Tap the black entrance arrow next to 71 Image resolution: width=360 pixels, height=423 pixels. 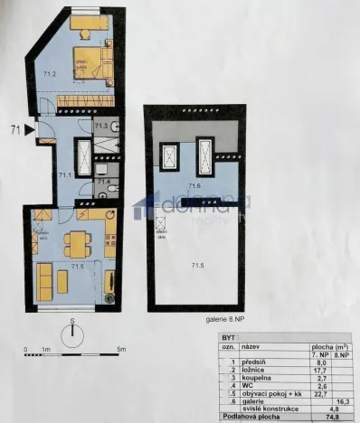(x=30, y=132)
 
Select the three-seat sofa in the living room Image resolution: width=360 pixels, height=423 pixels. (x=43, y=280)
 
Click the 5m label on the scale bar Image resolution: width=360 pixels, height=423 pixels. (x=120, y=349)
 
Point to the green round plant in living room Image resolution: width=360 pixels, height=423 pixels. (x=108, y=297)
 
